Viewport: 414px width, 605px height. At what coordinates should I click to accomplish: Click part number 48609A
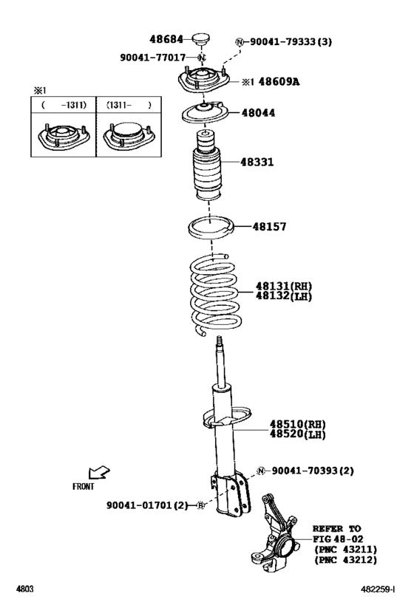[x=279, y=82]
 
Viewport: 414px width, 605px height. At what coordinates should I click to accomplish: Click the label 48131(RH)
[x=284, y=286]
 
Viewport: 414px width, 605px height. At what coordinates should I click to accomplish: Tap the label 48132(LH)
[x=284, y=296]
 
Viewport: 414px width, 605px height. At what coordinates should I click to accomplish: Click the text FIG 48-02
[x=339, y=539]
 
